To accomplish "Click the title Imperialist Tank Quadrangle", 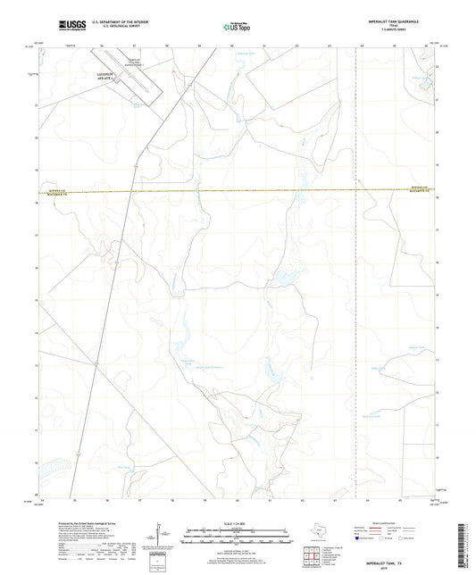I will (x=393, y=21).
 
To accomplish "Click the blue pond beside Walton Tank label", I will (x=427, y=85).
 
